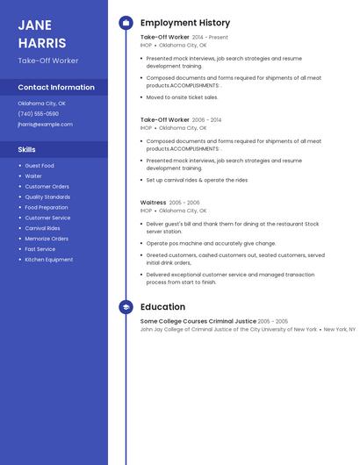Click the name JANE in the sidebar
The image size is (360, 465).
[35, 25]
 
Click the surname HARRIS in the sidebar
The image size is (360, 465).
[42, 43]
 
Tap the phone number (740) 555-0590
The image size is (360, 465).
[39, 114]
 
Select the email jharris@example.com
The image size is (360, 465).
[45, 125]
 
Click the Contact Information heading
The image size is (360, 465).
[56, 88]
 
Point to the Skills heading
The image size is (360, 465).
[27, 150]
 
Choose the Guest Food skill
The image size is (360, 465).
[40, 166]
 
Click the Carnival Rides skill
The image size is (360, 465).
[42, 228]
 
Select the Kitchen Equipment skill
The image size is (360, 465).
[49, 260]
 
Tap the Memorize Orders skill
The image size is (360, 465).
[47, 239]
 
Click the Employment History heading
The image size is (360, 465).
[185, 23]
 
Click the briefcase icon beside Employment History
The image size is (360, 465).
[126, 23]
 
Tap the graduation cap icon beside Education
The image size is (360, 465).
[126, 307]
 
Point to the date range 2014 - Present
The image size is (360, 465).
[210, 38]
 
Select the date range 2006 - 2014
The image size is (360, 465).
[207, 120]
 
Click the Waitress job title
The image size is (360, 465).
[153, 203]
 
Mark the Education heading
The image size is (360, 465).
[162, 307]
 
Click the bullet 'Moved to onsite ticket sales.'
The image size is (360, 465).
[183, 97]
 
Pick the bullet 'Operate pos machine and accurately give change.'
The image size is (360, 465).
[211, 243]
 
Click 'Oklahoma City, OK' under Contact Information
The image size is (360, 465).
[41, 104]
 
